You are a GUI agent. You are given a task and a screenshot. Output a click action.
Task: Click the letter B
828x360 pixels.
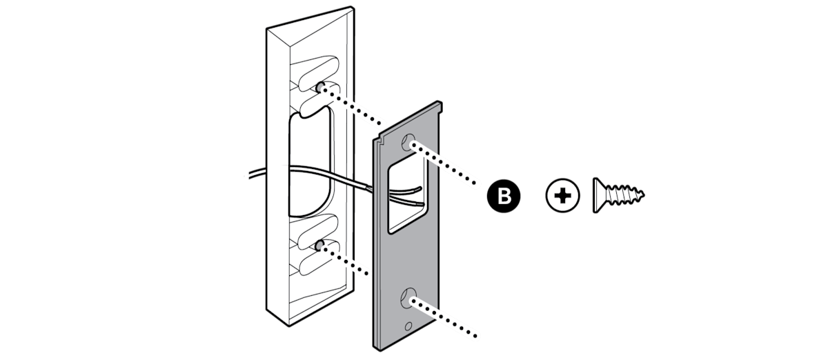click(x=505, y=197)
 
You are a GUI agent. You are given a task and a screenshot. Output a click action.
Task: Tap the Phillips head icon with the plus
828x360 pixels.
click(x=562, y=197)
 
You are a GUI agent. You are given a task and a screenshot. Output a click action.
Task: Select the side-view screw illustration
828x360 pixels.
click(x=619, y=197)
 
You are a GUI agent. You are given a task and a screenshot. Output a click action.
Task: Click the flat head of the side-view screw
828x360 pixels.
click(x=598, y=197)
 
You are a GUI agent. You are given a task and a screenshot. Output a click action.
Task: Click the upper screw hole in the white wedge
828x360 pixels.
click(x=322, y=88)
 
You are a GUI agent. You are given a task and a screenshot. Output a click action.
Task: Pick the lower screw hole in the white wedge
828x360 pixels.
click(x=319, y=246)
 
